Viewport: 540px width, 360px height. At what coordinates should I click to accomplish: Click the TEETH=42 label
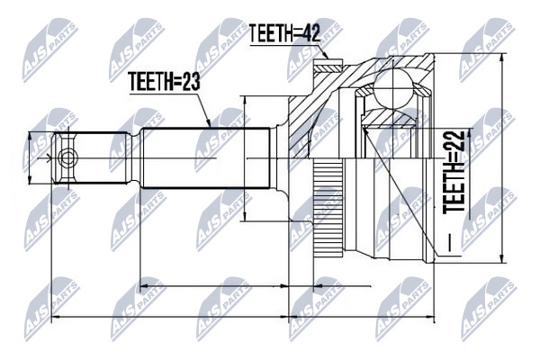[284, 33]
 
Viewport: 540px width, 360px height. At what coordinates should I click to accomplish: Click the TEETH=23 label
[164, 82]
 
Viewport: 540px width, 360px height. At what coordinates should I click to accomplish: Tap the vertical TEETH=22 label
[454, 172]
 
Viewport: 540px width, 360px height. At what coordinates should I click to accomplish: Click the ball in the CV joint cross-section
[393, 86]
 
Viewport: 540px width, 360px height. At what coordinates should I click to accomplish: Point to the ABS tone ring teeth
[328, 208]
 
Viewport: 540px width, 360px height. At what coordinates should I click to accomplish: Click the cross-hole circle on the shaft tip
[67, 158]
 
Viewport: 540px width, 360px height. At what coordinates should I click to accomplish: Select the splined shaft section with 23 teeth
[205, 157]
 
